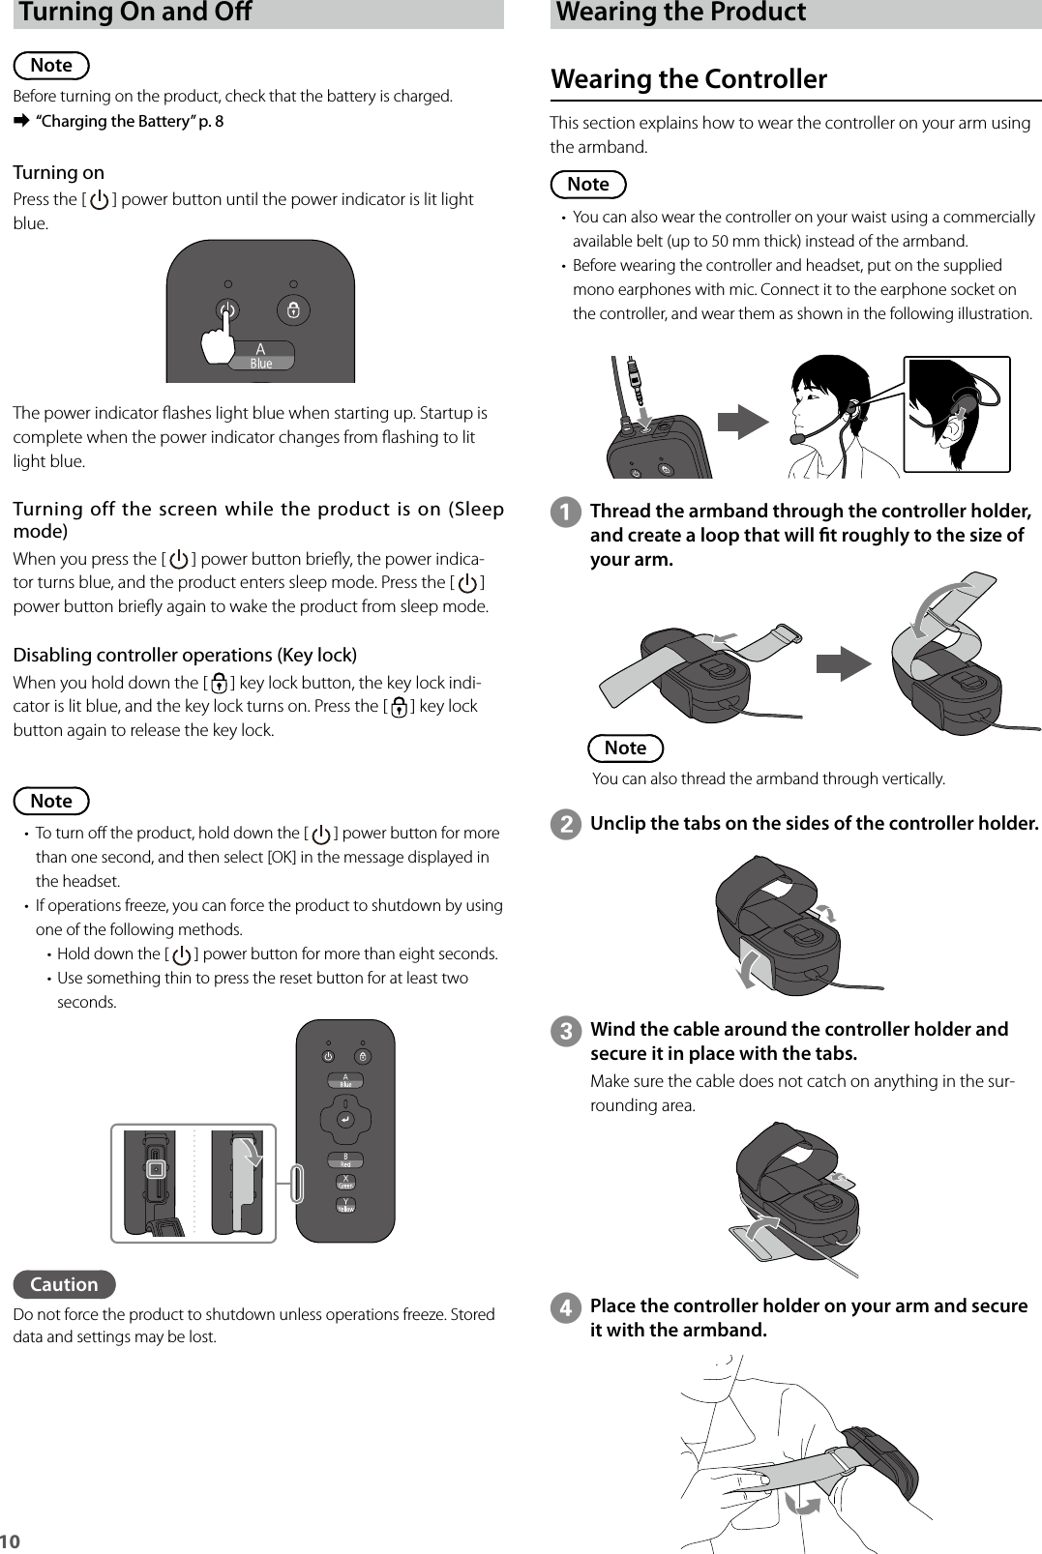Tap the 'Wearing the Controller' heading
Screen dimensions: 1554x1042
coord(689,79)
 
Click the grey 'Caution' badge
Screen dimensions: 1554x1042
coord(64,1284)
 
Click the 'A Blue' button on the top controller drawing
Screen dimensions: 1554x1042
coord(260,356)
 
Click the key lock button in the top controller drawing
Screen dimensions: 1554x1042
coord(293,310)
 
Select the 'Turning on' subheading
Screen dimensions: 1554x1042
coord(58,173)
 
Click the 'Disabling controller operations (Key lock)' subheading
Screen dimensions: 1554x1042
coord(185,655)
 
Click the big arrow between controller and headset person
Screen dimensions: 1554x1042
coord(742,423)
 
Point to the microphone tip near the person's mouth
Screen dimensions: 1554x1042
coord(797,438)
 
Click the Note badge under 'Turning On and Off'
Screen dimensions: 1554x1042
coord(51,66)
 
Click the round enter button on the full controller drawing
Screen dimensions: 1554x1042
coord(344,1119)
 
